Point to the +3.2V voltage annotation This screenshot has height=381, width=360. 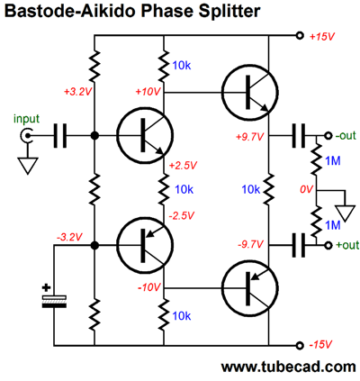[x=76, y=92]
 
